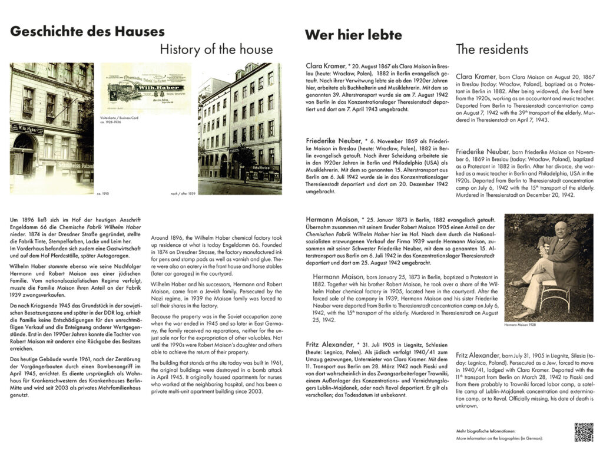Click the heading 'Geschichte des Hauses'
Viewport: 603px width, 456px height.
87,31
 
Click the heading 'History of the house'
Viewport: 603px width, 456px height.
216,49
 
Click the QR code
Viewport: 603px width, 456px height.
583,431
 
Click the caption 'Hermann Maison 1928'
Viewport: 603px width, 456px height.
520,325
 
